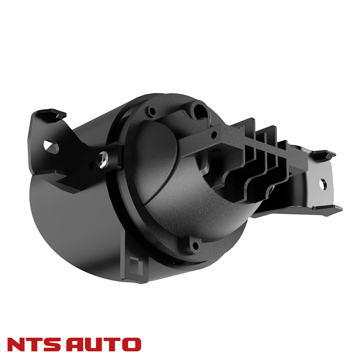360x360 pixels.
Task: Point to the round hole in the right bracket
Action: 323,182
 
